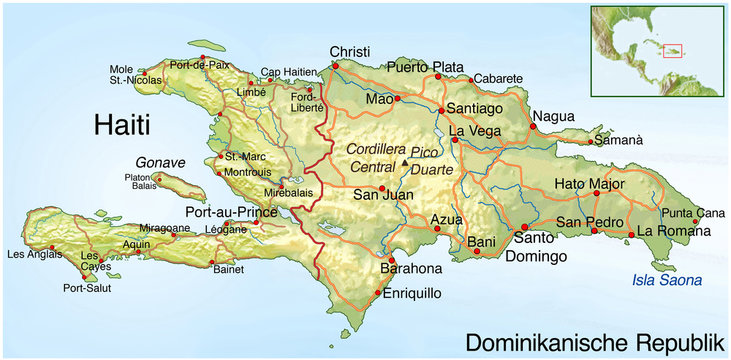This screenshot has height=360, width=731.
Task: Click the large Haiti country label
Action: point(121,125)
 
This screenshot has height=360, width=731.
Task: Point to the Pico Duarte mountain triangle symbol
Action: point(405,162)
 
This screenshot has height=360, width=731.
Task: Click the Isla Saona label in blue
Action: point(667,280)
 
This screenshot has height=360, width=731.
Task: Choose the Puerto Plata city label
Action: point(426,68)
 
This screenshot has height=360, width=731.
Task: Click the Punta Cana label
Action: point(693,212)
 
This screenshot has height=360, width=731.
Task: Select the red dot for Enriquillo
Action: point(377,294)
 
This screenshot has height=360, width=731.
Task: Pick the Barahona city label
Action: point(410,269)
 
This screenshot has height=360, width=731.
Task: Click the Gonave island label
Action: point(161,162)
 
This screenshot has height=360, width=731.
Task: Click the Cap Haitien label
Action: point(285,71)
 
